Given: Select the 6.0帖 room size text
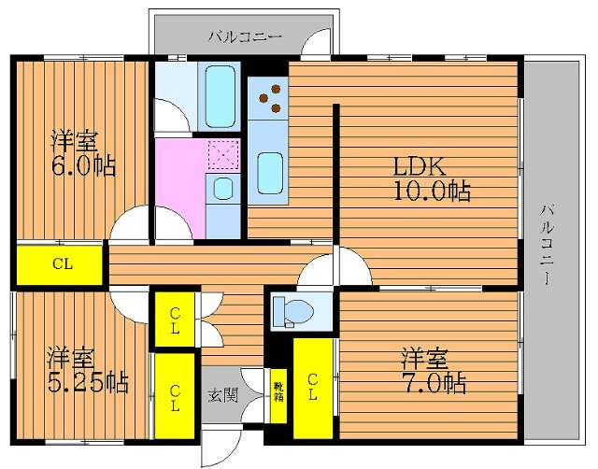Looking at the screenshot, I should (83, 166).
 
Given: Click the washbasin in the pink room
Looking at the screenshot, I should (224, 190).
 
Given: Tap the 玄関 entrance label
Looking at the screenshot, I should (222, 394).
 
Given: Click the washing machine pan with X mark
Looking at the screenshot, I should (224, 153).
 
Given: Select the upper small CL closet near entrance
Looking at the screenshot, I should (175, 320).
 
